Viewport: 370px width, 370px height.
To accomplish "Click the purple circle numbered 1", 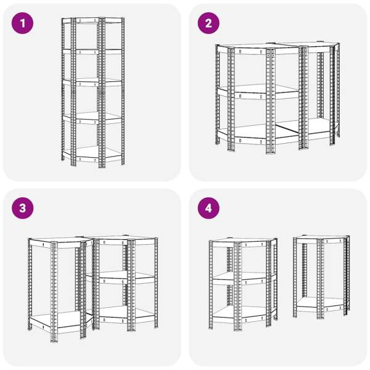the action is (x=22, y=23).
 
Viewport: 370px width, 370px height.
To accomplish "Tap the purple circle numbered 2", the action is (x=208, y=23).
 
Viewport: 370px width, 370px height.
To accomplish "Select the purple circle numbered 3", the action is (x=22, y=208).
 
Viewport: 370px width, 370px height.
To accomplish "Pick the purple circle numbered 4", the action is (x=208, y=208).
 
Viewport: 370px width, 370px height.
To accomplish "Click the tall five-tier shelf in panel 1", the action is (x=92, y=92).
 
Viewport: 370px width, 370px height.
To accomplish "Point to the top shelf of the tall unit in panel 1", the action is (x=92, y=20).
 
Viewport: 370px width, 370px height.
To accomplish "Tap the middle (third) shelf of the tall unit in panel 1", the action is (x=92, y=82).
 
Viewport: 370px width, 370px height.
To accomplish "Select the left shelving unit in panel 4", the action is (x=244, y=284).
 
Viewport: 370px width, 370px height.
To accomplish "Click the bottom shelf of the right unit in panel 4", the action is (x=321, y=305).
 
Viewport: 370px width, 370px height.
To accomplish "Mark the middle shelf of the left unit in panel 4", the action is (x=244, y=279).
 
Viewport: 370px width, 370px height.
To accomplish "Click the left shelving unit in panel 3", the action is (x=60, y=289).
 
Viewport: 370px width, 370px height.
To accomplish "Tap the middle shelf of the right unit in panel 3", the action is (x=121, y=277).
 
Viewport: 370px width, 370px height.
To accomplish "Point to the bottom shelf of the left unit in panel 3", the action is (x=60, y=321).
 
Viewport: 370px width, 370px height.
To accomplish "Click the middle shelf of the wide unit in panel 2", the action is (x=258, y=91).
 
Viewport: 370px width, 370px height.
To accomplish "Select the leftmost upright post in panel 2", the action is (x=217, y=94).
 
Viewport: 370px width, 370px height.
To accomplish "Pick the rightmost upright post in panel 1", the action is (x=123, y=91).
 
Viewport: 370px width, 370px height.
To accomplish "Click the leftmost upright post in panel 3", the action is (x=30, y=284).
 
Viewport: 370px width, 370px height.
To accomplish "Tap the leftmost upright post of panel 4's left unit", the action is (x=211, y=285).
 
